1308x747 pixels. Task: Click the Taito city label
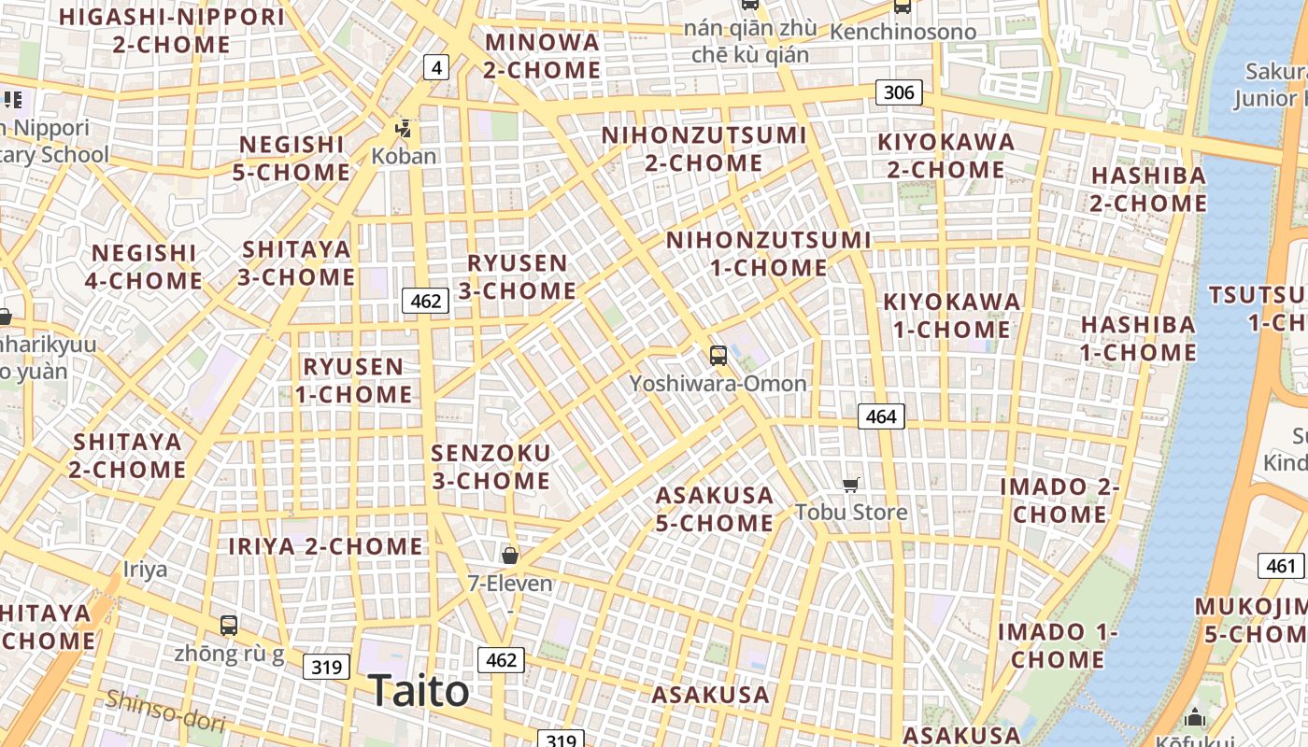click(419, 691)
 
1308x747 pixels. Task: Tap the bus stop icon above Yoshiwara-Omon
click(718, 355)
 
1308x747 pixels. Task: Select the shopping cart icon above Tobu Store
click(850, 485)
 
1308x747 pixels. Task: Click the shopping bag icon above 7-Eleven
click(510, 556)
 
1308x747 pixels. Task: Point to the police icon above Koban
click(404, 128)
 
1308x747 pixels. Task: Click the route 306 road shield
click(899, 92)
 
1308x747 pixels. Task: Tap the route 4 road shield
click(436, 67)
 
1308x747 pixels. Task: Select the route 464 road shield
click(881, 416)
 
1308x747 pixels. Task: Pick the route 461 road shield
click(1281, 566)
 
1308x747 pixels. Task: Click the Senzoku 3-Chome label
click(490, 467)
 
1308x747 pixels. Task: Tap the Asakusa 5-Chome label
click(715, 509)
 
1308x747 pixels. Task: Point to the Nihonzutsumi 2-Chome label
click(704, 149)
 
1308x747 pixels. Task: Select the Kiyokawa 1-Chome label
click(952, 316)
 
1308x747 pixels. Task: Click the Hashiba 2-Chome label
click(1148, 189)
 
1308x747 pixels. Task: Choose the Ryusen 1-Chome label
click(353, 380)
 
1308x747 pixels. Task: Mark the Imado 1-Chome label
click(1058, 645)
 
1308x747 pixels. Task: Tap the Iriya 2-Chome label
click(326, 546)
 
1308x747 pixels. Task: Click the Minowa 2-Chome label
click(542, 56)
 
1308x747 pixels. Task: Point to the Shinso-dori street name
click(165, 712)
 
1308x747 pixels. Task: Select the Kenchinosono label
click(903, 32)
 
